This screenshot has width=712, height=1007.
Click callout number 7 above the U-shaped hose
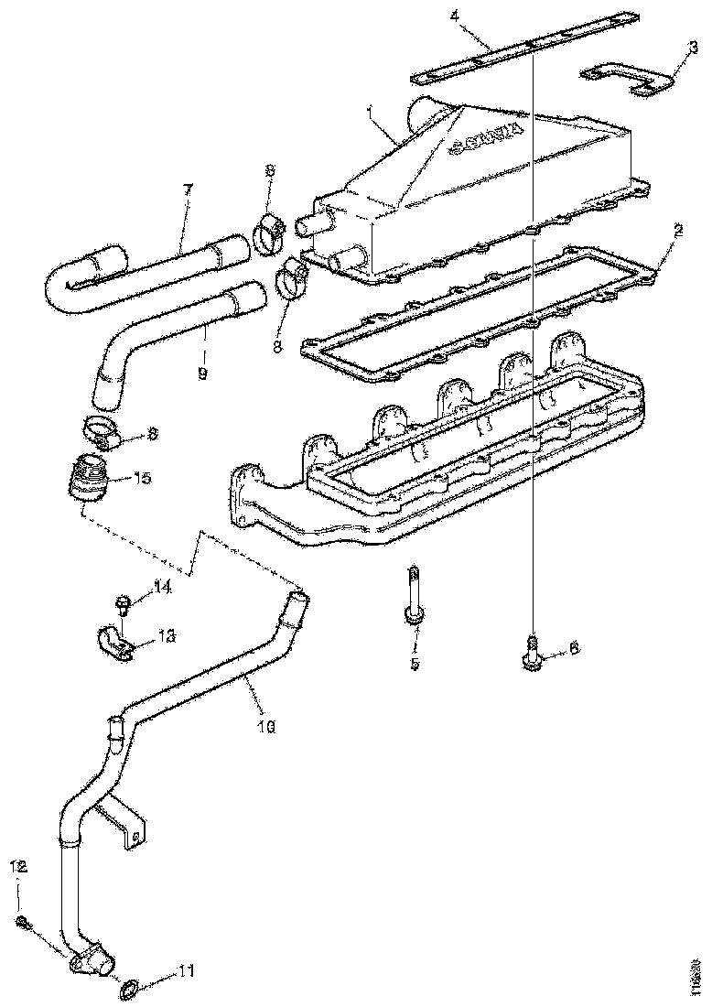pos(188,190)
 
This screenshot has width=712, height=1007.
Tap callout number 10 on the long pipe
pos(266,727)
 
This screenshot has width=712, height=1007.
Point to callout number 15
pos(143,478)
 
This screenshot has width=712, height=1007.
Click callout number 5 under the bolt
pos(414,663)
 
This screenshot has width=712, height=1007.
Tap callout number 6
pos(573,647)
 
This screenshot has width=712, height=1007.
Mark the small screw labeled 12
pos(23,925)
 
